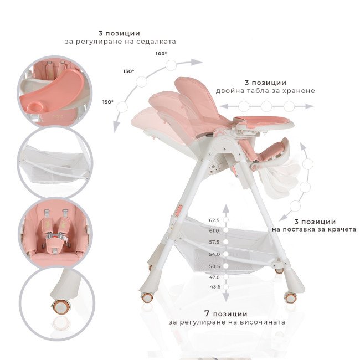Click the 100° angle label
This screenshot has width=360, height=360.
pos(161,54)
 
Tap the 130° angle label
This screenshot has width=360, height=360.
pos(128,71)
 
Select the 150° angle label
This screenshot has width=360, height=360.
pos(108,102)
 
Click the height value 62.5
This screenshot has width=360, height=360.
pos(214,220)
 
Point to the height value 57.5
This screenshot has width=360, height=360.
pos(214,242)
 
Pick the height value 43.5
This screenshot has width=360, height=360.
pos(215,286)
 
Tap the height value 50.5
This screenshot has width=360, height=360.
pos(215,266)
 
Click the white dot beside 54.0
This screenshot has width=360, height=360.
pos(226,254)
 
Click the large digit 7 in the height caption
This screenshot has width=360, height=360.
pos(207,313)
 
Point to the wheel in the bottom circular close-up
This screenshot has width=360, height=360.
pos(61,307)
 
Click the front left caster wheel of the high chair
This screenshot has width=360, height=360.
pos(147,298)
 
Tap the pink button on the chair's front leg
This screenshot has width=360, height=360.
pos(179,210)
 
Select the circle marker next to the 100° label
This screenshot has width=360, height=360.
pos(171,65)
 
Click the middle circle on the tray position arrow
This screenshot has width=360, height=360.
pos(266,106)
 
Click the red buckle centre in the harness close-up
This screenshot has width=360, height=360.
pos(55,236)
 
